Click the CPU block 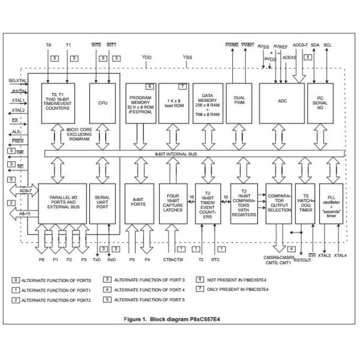[x=102, y=103]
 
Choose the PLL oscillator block [x=331, y=203]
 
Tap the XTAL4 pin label [x=340, y=256]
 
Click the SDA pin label [x=316, y=44]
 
